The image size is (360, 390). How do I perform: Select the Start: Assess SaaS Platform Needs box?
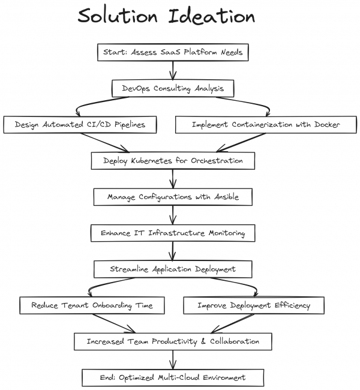click(172, 52)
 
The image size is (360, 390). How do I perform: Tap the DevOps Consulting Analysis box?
click(173, 88)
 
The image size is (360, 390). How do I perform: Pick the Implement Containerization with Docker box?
click(266, 124)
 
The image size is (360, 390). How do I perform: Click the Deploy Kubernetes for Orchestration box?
click(173, 161)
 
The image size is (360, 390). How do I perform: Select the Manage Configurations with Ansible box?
click(173, 197)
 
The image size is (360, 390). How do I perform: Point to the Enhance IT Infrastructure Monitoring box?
click(173, 233)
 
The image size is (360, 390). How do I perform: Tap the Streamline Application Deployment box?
click(173, 269)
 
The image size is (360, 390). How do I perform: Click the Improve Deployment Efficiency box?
click(254, 305)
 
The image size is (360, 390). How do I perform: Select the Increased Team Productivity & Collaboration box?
click(173, 341)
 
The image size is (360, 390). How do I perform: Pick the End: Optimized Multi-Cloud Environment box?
click(173, 377)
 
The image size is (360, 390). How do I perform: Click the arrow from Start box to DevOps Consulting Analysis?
click(173, 70)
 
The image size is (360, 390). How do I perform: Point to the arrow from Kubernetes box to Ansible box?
click(173, 179)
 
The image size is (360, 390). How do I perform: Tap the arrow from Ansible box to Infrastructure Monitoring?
click(173, 215)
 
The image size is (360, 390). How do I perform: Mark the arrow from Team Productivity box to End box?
click(173, 359)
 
